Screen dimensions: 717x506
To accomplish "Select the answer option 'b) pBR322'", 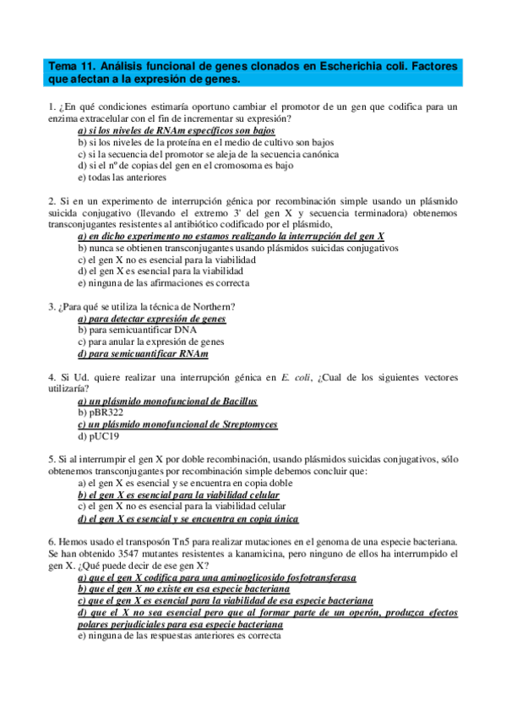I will [x=100, y=413].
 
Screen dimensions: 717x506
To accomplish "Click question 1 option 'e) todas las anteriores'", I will [x=122, y=178].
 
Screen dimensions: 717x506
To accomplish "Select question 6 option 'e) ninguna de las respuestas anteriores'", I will [x=179, y=636].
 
